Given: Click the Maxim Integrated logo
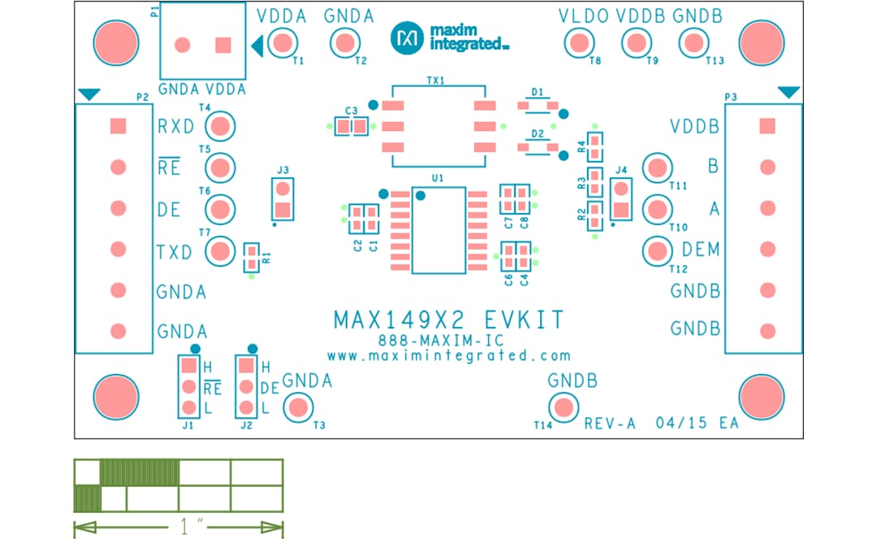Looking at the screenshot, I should pos(448,37).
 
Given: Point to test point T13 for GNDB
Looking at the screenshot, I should pos(693,42).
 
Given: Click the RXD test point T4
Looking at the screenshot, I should pos(220,126).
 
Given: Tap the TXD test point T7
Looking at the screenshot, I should pos(220,251).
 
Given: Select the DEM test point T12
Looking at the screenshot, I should pos(656,250).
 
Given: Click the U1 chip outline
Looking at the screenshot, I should pos(438,230).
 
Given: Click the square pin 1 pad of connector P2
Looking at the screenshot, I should pos(118,126).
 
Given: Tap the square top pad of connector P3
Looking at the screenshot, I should pos(767,126).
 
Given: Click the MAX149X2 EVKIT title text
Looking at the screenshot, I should pos(448,319).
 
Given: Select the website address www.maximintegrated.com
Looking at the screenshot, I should pos(448,355).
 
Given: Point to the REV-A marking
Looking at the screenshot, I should pos(609,424).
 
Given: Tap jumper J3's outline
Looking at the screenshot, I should pos(282,199).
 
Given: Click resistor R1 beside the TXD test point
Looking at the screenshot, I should pos(252,258).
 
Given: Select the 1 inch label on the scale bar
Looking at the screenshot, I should pos(188,528).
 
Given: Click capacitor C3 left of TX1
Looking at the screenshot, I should pos(351,126).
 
